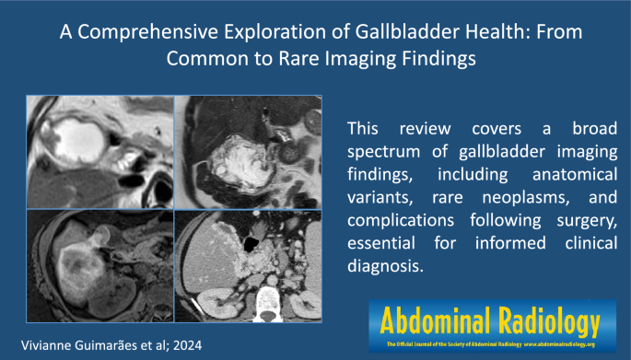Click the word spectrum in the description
point(384,151)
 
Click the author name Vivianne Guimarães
point(80,343)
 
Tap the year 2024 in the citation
point(192,343)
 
